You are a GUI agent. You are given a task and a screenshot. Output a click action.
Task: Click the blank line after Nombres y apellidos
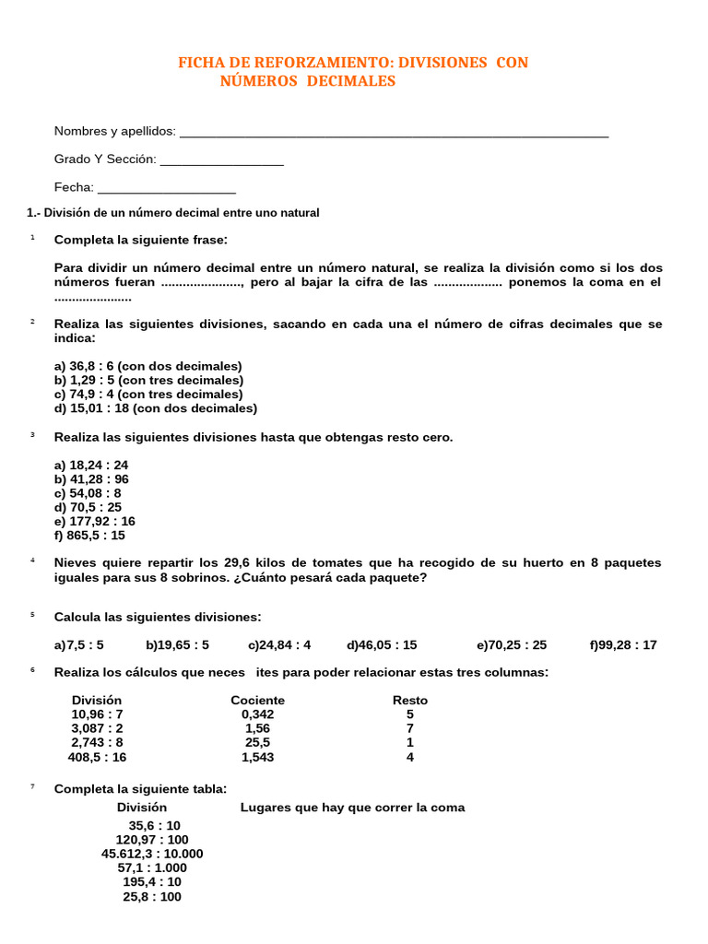coord(394,134)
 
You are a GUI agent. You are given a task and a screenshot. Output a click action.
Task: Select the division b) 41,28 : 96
coord(91,479)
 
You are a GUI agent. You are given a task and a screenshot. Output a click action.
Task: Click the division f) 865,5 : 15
coord(89,535)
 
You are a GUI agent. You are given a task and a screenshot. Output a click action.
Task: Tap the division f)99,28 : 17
coord(623,645)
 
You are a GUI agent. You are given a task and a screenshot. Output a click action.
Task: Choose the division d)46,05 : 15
coord(382,645)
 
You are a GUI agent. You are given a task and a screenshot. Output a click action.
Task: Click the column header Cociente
coord(257,701)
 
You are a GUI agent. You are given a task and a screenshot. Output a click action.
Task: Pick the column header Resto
coord(410,701)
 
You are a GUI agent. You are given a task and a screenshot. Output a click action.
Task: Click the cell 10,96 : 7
coord(97,714)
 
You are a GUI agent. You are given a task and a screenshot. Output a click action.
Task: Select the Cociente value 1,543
coord(257,757)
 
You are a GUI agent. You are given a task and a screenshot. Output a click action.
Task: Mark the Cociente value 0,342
coord(257,714)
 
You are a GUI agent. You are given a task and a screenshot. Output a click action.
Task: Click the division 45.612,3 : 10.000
coord(152,854)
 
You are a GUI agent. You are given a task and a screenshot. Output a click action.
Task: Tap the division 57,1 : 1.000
coord(152,867)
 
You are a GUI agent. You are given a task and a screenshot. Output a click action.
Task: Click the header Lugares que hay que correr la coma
coord(352,808)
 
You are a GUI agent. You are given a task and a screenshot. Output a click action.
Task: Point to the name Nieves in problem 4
coord(75,562)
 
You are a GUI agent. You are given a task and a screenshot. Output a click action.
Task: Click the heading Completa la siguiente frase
coord(140,240)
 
